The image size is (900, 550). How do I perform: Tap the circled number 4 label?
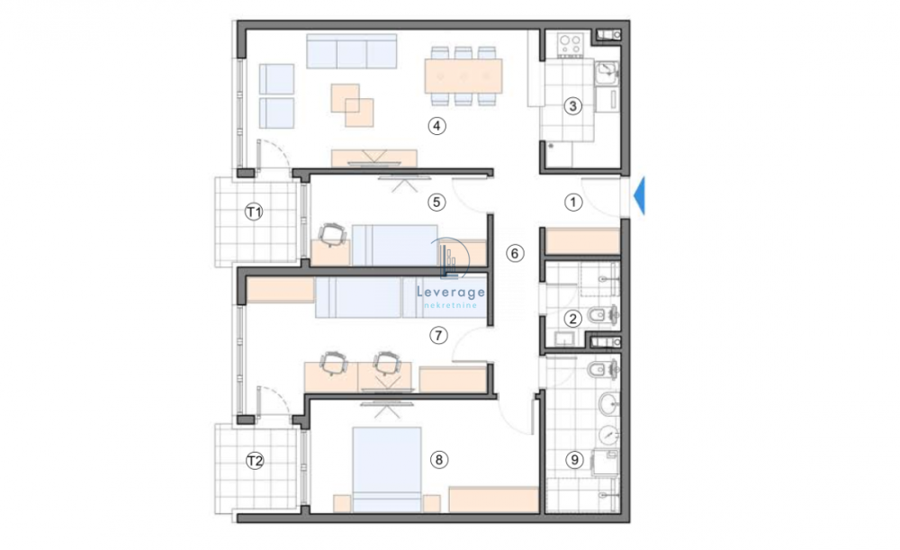(436, 126)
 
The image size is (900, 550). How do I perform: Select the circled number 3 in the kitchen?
(572, 106)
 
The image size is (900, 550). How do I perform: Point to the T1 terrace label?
(255, 212)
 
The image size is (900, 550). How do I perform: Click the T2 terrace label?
(256, 461)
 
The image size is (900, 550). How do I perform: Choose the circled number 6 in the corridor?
(514, 253)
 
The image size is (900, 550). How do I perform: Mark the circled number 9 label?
(573, 460)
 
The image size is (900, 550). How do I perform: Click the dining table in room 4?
(463, 77)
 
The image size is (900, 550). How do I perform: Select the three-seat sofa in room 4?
(351, 52)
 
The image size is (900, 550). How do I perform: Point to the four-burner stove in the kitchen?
(569, 41)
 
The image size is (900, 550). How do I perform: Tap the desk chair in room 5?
(332, 236)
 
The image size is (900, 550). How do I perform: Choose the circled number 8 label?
(438, 460)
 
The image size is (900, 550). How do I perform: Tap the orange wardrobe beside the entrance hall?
(582, 242)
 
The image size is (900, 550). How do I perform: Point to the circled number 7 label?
(438, 336)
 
